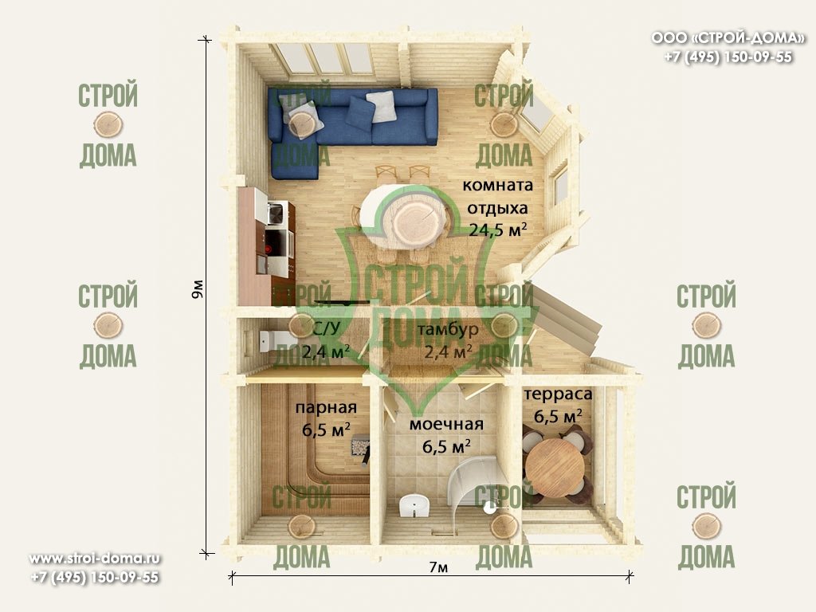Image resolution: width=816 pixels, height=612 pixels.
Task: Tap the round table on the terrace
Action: [555, 467]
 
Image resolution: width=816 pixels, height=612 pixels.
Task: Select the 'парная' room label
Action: [326, 407]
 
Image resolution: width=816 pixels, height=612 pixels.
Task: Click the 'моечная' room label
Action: [446, 424]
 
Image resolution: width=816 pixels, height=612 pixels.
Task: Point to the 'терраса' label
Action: [558, 394]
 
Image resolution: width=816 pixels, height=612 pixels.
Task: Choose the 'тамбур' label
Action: [448, 329]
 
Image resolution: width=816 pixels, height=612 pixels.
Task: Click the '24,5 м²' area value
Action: [498, 229]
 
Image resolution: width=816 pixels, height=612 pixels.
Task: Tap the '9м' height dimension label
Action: [198, 288]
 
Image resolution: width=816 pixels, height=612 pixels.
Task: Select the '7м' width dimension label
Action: [439, 567]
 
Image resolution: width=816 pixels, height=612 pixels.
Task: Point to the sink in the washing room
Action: [414, 506]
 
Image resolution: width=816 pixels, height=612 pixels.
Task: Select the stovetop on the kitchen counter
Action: [276, 243]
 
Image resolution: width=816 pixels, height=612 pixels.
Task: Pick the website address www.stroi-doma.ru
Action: [94, 559]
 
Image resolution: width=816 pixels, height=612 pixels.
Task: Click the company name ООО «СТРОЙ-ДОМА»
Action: [728, 38]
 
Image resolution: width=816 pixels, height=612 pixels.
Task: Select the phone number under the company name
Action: [728, 57]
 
